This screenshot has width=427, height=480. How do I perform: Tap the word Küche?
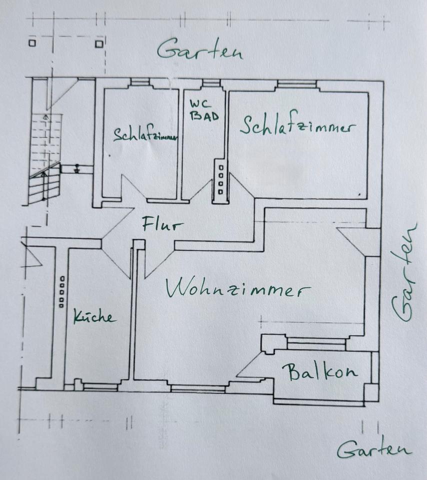pos(95,317)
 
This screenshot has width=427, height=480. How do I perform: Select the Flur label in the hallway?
pos(162,224)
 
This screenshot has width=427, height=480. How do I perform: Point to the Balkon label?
pos(320,372)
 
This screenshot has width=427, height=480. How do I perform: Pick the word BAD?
pos(204,115)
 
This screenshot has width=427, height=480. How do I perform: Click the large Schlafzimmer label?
pos(298,125)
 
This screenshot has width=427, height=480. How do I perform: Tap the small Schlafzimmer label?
pos(145,135)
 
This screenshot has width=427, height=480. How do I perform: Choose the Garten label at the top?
pos(199,50)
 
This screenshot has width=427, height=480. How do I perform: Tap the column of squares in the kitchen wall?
pos(61,291)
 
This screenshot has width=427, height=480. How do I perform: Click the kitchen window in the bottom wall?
pos(100,386)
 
